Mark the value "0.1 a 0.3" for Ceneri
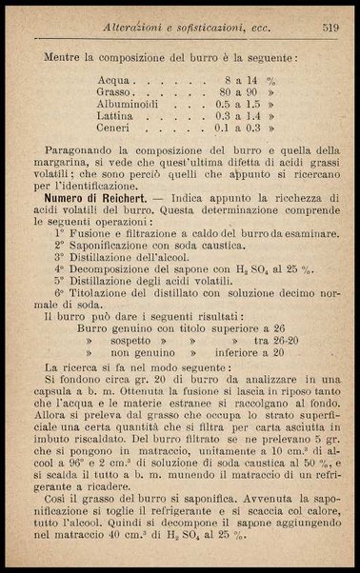coord(238,136)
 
